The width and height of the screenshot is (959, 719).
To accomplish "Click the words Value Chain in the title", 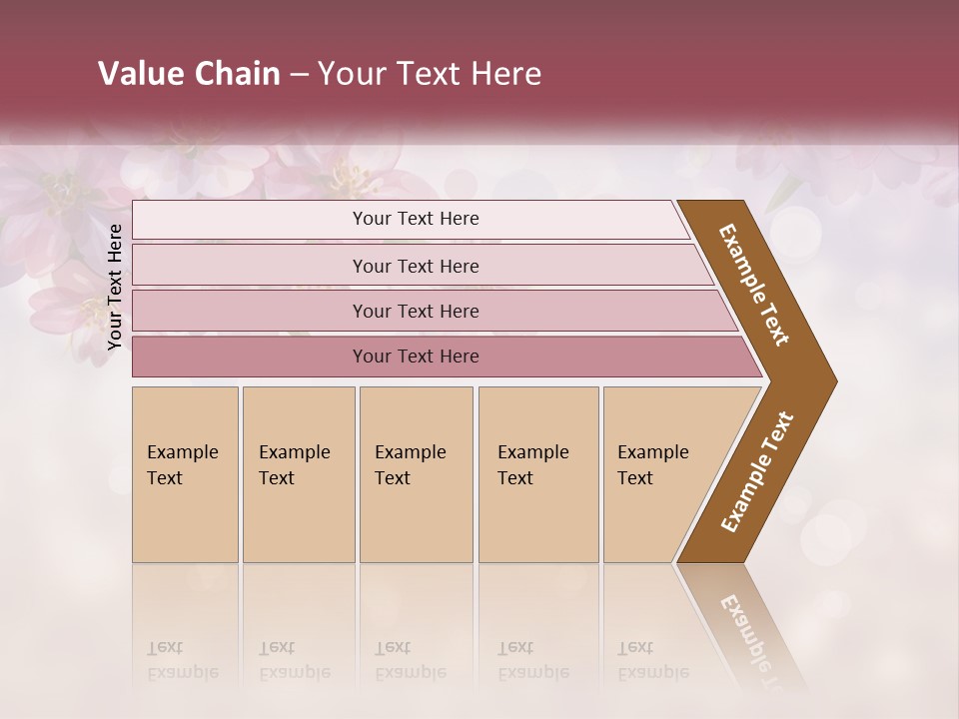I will coord(189,74).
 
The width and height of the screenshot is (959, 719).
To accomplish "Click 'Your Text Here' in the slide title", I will coord(430,74).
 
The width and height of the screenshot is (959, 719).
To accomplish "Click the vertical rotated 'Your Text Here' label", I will coord(115,287).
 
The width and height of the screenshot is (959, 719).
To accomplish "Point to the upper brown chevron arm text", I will coord(754,285).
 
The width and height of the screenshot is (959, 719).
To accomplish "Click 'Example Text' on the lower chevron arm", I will coord(756,472).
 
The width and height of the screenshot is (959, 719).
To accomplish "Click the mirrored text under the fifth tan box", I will coord(653,661).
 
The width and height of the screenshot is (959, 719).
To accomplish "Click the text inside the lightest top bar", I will coord(416,219).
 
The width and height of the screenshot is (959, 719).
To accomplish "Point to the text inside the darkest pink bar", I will coord(416,357).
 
